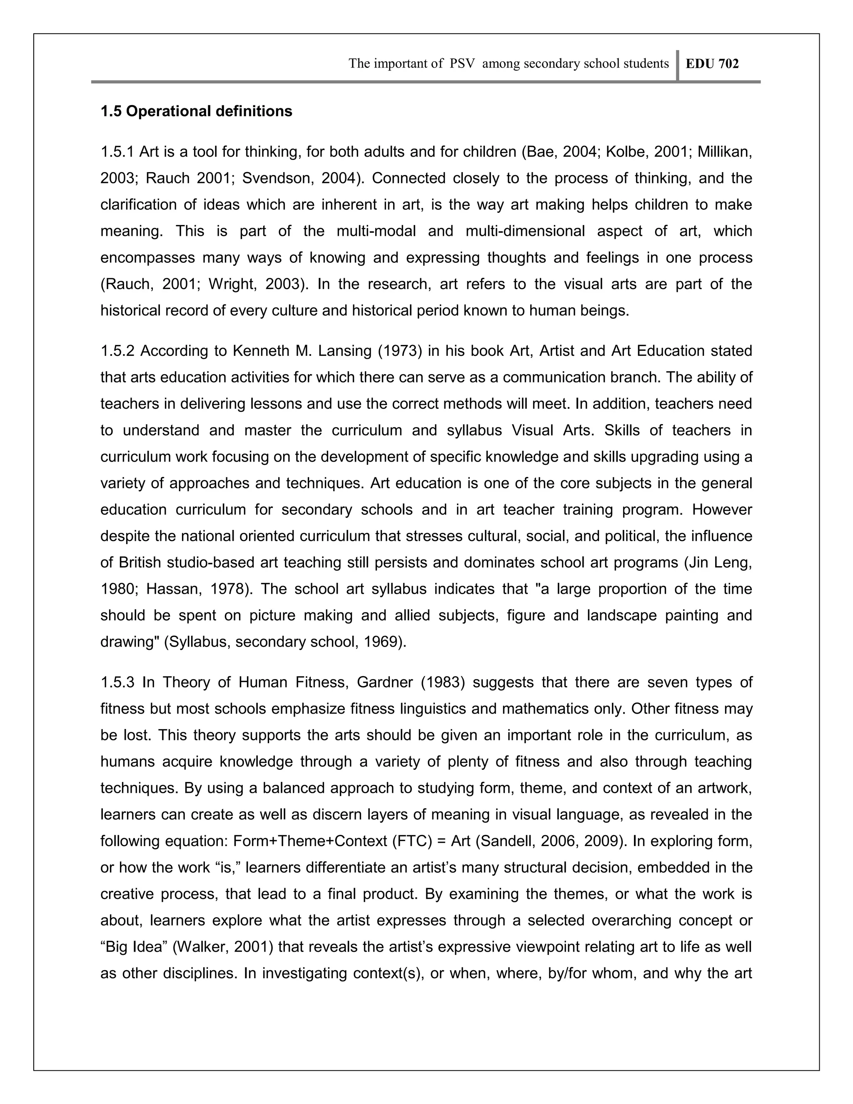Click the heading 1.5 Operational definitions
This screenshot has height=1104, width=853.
pyautogui.click(x=196, y=111)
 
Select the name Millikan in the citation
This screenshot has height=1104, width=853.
pyautogui.click(x=723, y=152)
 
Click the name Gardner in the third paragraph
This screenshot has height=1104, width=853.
pyautogui.click(x=384, y=682)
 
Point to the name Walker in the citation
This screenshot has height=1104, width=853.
pyautogui.click(x=196, y=947)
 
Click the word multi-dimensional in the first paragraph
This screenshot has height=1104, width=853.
pyautogui.click(x=524, y=231)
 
